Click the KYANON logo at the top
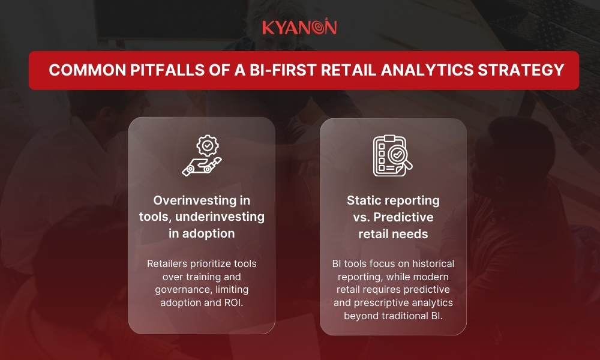299,28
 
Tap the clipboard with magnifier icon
393,155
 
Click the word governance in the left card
182,290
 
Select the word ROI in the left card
233,303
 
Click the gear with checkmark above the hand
208,145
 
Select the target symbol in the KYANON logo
329,28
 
